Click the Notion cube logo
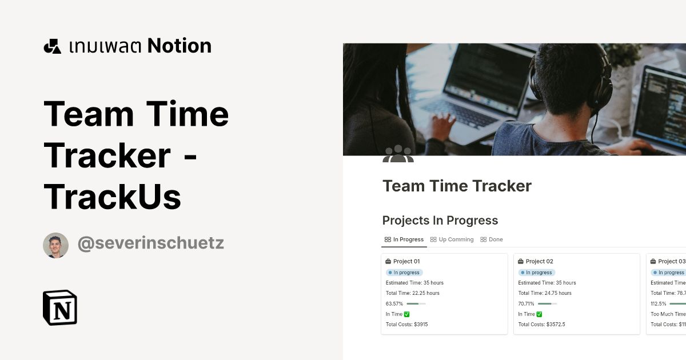tap(60, 308)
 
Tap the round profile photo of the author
tap(55, 245)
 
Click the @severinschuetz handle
tap(150, 243)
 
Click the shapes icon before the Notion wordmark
tap(52, 46)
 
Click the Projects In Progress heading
tap(440, 221)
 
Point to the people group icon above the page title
tap(398, 154)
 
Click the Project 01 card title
tap(406, 261)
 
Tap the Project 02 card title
tap(539, 261)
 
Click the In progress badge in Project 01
tap(404, 273)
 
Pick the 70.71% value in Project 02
tap(527, 303)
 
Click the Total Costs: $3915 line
tap(406, 324)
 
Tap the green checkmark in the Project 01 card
tap(407, 314)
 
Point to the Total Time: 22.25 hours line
tap(413, 293)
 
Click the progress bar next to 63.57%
tap(416, 303)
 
